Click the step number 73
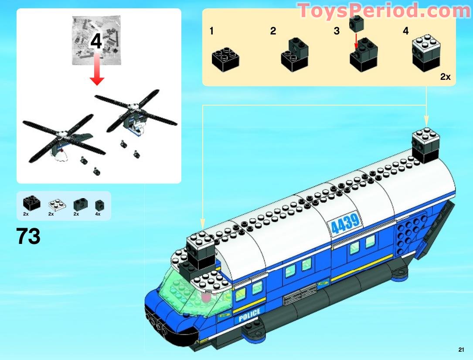(28, 237)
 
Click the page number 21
(462, 350)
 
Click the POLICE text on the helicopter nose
(249, 315)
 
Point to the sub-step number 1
(211, 31)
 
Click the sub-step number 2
(273, 31)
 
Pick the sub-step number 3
(337, 31)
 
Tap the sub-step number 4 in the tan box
(406, 31)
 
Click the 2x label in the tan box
(445, 77)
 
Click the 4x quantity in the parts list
(98, 214)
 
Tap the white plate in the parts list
(57, 203)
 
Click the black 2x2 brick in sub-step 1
(225, 59)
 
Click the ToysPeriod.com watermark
(384, 11)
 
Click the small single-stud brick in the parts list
(100, 204)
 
